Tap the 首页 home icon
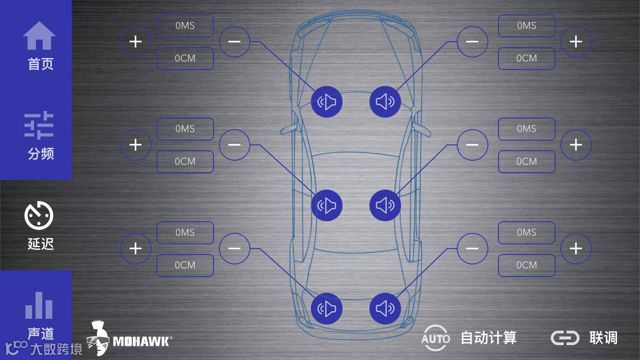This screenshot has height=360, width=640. tap(39, 36)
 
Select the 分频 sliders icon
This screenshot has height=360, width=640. tap(39, 126)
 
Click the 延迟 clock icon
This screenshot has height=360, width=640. tap(39, 216)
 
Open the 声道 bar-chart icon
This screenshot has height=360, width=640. tap(39, 305)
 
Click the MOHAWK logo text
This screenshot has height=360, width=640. tap(142, 341)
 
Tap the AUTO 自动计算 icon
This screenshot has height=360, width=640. tap(436, 338)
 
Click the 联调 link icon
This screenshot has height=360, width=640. tap(565, 338)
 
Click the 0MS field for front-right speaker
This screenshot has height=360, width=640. tap(526, 26)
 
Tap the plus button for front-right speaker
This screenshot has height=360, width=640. tap(576, 42)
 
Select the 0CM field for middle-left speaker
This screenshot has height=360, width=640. tap(185, 162)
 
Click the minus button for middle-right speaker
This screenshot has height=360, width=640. tap(472, 145)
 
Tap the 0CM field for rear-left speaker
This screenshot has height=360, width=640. tap(185, 265)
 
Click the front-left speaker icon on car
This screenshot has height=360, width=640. tap(327, 102)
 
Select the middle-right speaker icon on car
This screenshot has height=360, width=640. tap(385, 205)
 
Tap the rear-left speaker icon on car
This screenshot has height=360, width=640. tap(327, 309)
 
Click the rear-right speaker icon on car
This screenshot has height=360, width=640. tap(385, 309)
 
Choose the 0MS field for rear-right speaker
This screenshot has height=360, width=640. tap(526, 233)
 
